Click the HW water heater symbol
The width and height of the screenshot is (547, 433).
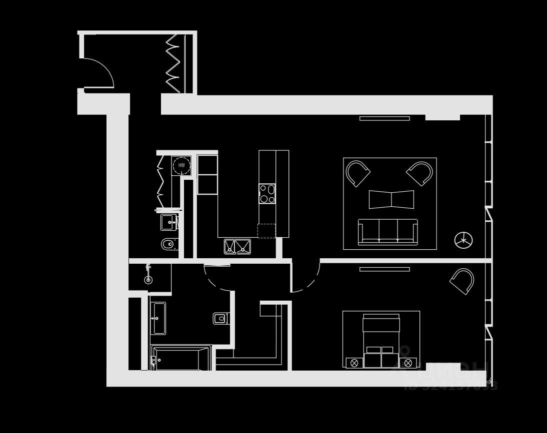coord(181,165)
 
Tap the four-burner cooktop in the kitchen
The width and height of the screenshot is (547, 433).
coord(267,194)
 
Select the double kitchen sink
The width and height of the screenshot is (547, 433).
coord(237,246)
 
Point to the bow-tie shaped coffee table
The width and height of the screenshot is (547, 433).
coord(391,199)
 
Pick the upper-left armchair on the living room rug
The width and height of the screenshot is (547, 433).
coord(357,173)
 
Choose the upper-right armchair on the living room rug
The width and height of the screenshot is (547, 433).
coord(420,173)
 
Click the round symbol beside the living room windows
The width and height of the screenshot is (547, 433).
coord(463,240)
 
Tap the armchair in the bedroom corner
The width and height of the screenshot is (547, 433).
coord(462,281)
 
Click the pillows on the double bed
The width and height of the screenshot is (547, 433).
coord(381,350)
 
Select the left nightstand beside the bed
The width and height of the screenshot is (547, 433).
coord(354,363)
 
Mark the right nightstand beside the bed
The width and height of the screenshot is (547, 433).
coord(408,363)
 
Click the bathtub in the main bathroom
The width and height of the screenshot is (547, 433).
coord(181,358)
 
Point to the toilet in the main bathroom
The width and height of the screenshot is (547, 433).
coord(220,318)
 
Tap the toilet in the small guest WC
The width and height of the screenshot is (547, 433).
coord(167,245)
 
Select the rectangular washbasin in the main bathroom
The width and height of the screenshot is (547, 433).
coord(158,318)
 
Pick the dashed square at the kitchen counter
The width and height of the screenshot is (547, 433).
coord(266,231)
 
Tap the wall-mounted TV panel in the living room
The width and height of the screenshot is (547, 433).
coord(384,118)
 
